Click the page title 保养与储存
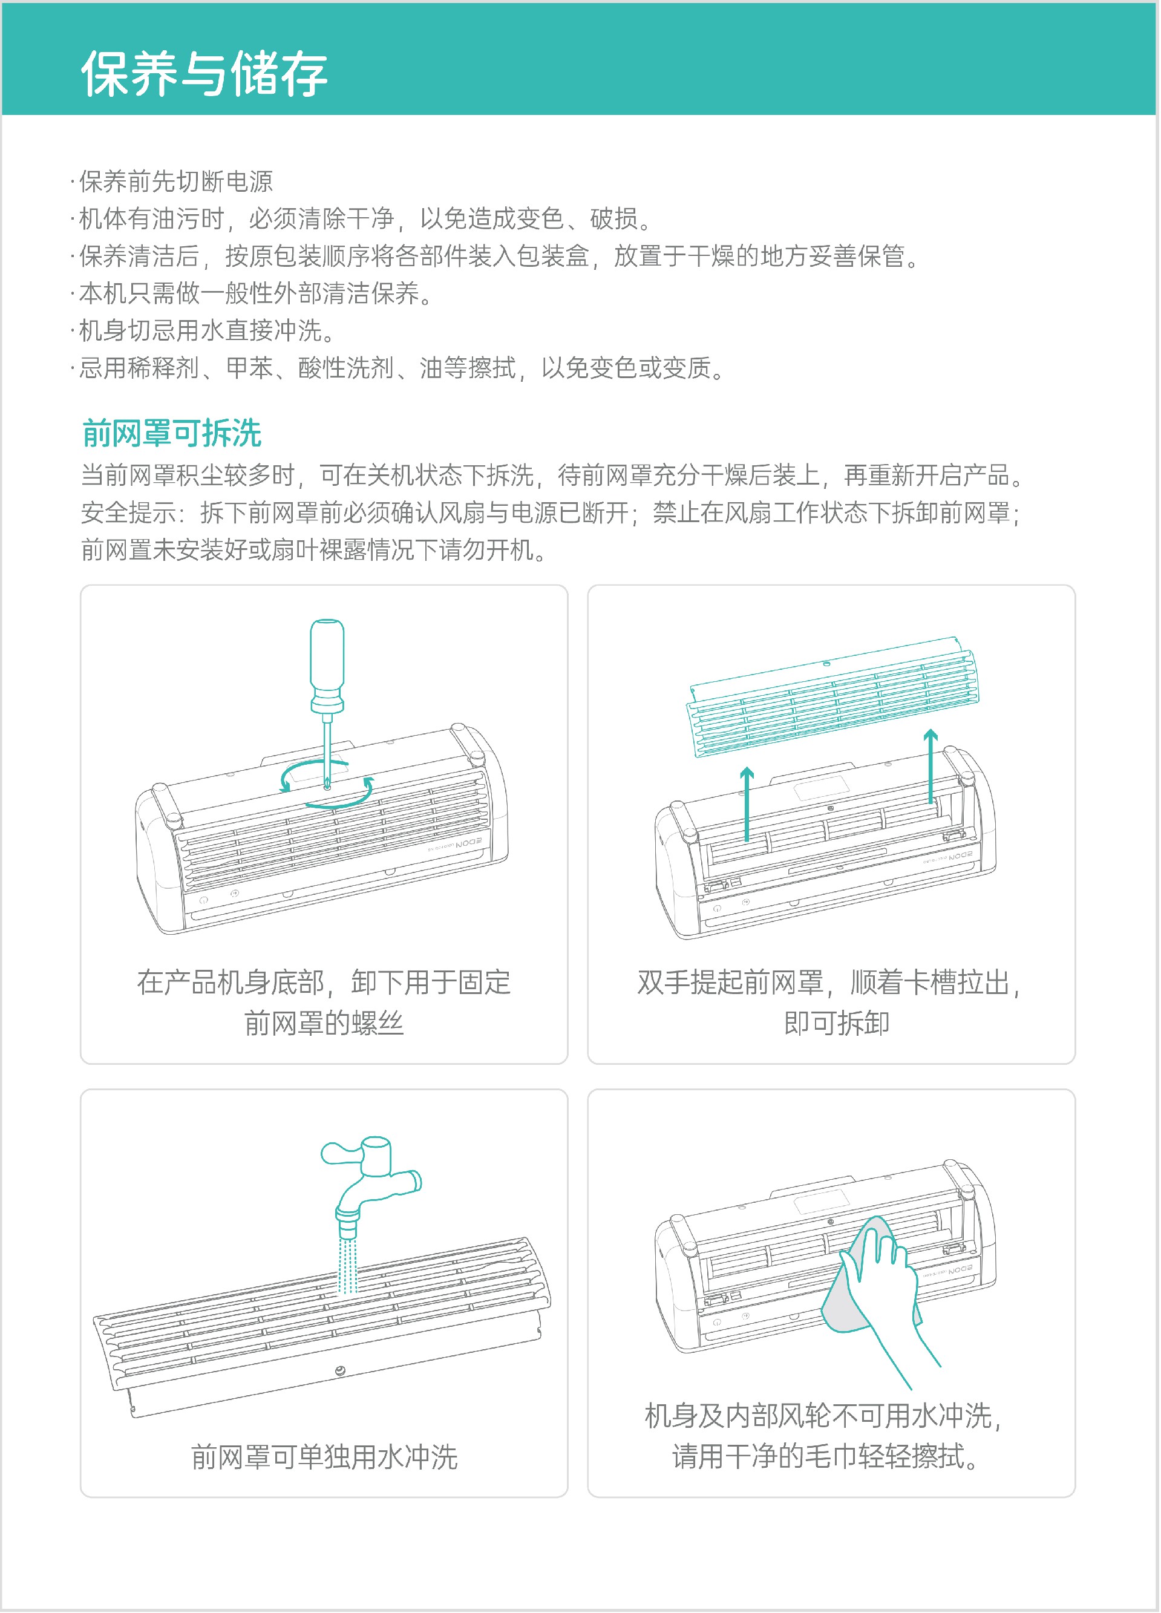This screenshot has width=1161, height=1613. coord(204,73)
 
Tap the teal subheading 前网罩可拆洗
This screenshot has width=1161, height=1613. coord(172,433)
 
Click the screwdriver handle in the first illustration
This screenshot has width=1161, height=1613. coord(327,666)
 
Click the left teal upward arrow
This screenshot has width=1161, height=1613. coord(747,803)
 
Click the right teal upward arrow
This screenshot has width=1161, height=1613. coord(930,766)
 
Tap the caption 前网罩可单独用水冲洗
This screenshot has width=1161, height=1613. coord(324,1456)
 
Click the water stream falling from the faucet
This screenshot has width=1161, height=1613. coord(347,1266)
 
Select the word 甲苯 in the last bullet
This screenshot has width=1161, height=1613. coord(249,368)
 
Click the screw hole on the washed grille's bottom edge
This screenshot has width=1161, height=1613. coord(340,1370)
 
